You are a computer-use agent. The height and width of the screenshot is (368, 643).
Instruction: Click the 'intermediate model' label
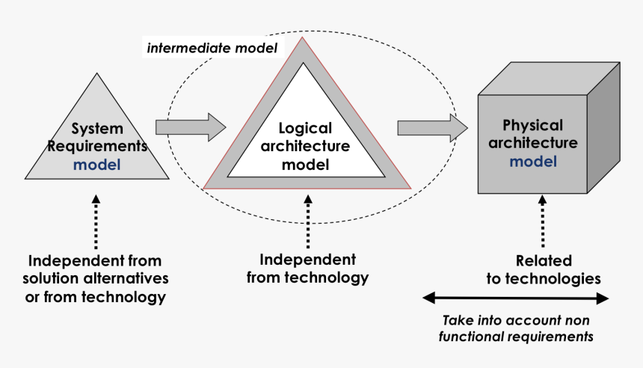[212, 49]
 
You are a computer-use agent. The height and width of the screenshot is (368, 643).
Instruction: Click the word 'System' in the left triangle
[97, 129]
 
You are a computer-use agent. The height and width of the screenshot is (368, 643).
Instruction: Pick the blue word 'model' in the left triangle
[96, 164]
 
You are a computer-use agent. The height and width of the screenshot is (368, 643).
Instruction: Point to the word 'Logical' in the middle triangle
[305, 129]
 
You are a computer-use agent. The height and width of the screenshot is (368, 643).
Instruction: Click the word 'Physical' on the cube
[532, 126]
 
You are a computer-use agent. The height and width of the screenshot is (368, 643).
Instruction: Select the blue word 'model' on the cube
[532, 160]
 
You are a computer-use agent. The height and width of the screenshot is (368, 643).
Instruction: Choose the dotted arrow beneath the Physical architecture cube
[544, 220]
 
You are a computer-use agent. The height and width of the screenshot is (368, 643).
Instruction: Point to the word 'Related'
[544, 261]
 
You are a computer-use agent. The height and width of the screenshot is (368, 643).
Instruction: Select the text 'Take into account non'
[517, 319]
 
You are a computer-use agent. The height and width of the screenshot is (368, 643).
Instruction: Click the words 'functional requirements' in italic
[517, 337]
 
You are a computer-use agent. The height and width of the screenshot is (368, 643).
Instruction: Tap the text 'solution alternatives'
[98, 279]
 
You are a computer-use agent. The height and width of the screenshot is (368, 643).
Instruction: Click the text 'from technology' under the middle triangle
[314, 277]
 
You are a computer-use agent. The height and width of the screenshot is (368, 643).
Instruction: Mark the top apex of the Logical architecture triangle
[303, 39]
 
